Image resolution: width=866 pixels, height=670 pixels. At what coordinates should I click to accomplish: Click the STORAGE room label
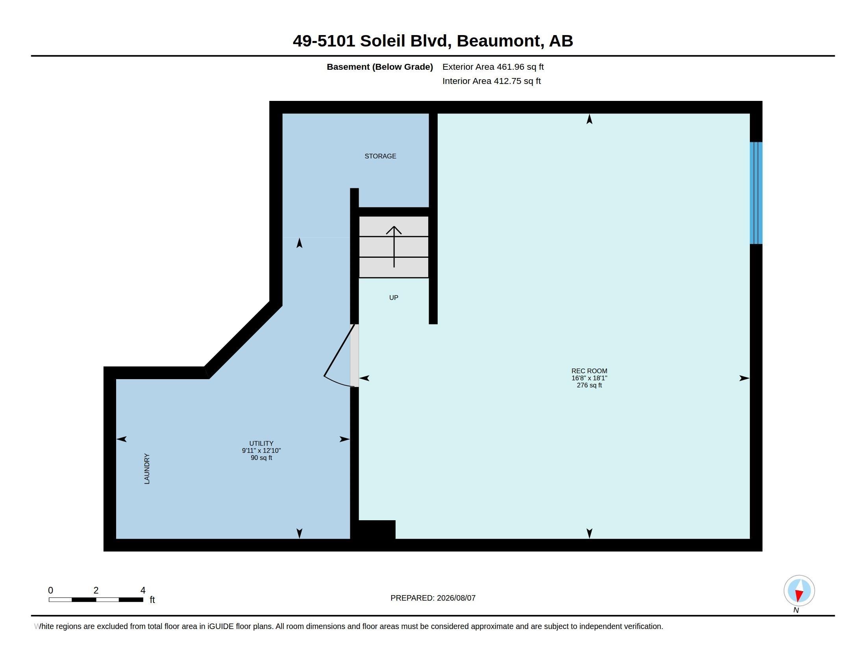[x=380, y=156]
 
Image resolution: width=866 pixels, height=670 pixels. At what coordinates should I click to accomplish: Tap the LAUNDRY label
[x=147, y=468]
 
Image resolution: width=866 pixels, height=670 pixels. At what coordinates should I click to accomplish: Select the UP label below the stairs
[x=393, y=297]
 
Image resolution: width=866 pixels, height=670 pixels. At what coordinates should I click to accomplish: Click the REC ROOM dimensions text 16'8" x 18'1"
[x=589, y=378]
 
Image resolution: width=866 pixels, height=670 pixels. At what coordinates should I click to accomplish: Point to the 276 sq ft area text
[x=589, y=385]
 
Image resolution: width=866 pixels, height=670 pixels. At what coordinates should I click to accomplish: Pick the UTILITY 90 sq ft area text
[x=261, y=458]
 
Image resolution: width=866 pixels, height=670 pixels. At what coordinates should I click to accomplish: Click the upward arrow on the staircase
[x=394, y=246]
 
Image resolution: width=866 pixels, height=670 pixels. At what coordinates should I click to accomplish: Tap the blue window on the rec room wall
[x=756, y=193]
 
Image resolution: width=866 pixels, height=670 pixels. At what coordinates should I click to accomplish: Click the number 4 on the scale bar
[x=143, y=590]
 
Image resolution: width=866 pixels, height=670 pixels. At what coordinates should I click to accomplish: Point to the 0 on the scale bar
[x=50, y=590]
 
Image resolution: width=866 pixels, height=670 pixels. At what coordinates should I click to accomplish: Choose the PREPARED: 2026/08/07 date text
[x=433, y=598]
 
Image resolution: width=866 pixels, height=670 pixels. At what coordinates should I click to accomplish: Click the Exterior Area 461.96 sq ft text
[x=493, y=67]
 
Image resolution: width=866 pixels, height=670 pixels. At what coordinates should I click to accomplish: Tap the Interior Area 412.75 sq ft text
[x=491, y=81]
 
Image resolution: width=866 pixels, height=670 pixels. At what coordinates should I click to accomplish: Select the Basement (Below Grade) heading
[x=379, y=67]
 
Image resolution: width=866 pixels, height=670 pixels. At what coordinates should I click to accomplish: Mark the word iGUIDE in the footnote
[x=220, y=626]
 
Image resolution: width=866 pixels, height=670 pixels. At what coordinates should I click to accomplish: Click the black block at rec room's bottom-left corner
[x=377, y=529]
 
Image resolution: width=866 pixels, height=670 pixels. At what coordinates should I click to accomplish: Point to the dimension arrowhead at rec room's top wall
[x=589, y=119]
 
